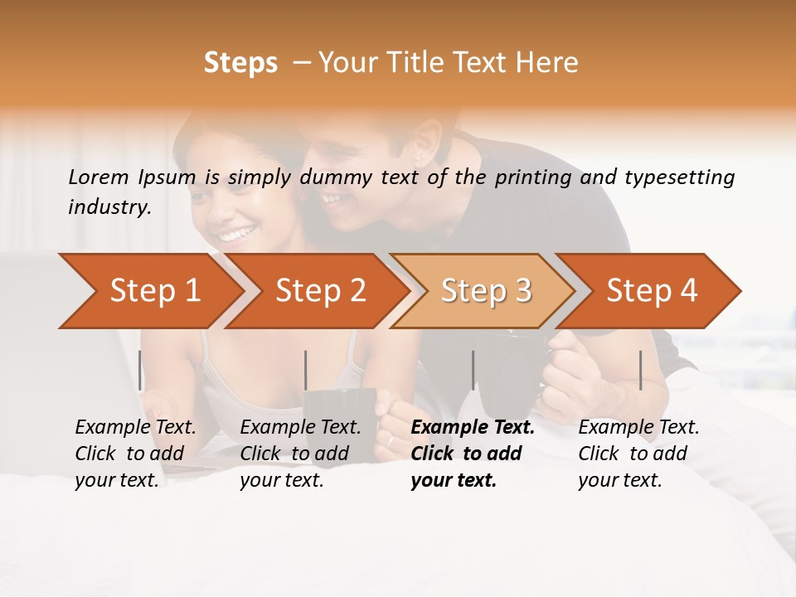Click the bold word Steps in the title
(x=240, y=63)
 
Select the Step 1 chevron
(x=154, y=291)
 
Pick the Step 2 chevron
(x=320, y=291)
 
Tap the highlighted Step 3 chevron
(x=486, y=291)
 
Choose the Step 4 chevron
(x=652, y=291)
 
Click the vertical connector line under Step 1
(x=139, y=370)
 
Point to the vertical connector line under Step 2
(x=306, y=370)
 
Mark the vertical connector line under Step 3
(x=473, y=370)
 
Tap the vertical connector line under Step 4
(x=640, y=370)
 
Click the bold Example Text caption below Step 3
(x=473, y=454)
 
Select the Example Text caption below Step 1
(x=135, y=454)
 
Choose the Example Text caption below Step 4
(x=638, y=454)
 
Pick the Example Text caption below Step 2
(x=300, y=454)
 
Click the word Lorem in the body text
(x=99, y=177)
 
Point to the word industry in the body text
(x=109, y=207)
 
